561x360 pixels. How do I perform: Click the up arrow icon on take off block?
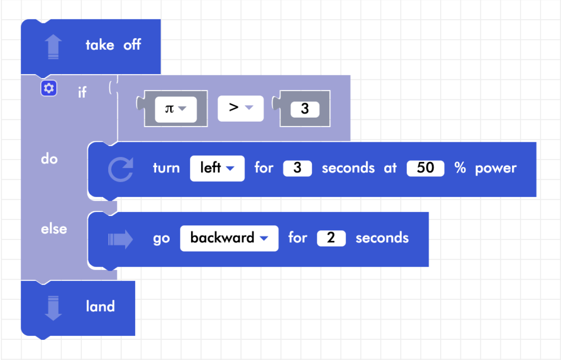[x=53, y=47]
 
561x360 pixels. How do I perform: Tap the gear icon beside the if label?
[x=49, y=88]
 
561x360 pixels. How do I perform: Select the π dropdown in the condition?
[x=176, y=109]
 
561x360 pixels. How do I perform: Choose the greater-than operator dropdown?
[x=241, y=109]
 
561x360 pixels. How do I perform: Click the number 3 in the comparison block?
[x=305, y=109]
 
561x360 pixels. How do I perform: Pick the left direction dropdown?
[x=217, y=168]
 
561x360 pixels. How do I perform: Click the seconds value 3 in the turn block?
[x=297, y=168]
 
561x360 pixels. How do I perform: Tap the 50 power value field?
[x=425, y=168]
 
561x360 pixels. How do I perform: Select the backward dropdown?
[x=229, y=238]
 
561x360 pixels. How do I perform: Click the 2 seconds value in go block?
[x=331, y=238]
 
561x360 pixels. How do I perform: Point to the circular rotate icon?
[x=120, y=169]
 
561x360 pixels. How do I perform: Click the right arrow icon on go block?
[x=120, y=240]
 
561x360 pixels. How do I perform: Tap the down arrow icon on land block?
[x=53, y=308]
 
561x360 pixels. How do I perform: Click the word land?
[x=101, y=307]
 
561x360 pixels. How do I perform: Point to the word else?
[x=54, y=229]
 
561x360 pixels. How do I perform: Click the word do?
[x=49, y=159]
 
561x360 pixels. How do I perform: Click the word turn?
[x=167, y=168]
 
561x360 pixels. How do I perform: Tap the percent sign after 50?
[x=460, y=168]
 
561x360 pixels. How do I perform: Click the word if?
[x=82, y=92]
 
